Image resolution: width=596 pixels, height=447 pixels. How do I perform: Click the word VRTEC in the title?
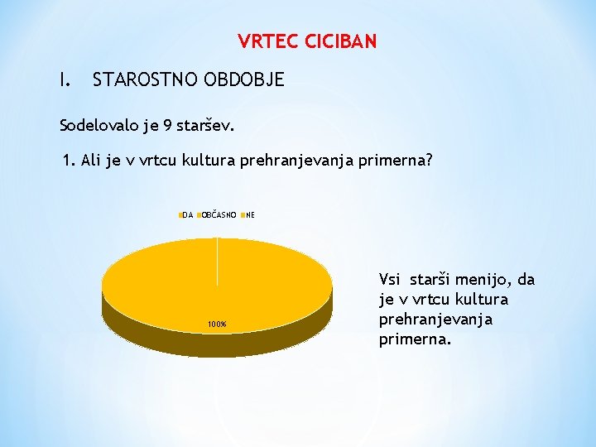(264, 41)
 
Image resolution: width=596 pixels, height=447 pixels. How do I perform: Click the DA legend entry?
(186, 215)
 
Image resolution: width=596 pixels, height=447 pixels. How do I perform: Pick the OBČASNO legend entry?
(219, 215)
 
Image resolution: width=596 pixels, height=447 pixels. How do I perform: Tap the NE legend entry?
(249, 215)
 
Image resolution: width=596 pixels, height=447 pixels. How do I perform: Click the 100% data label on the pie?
(217, 324)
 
